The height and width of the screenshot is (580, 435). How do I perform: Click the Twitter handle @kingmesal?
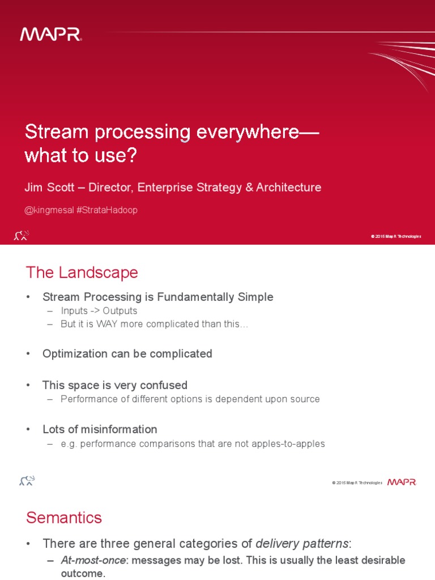tap(49, 210)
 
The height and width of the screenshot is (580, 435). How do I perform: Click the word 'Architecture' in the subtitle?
tap(289, 187)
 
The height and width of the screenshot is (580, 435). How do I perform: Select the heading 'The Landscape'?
tap(82, 272)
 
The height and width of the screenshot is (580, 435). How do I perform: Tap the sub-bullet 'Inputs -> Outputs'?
tap(99, 311)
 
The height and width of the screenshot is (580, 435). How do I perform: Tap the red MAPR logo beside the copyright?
tap(402, 482)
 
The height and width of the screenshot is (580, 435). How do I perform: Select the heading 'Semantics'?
tap(64, 517)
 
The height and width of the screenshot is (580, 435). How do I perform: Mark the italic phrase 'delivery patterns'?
tap(302, 544)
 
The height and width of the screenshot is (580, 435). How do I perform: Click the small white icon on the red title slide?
tap(21, 235)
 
